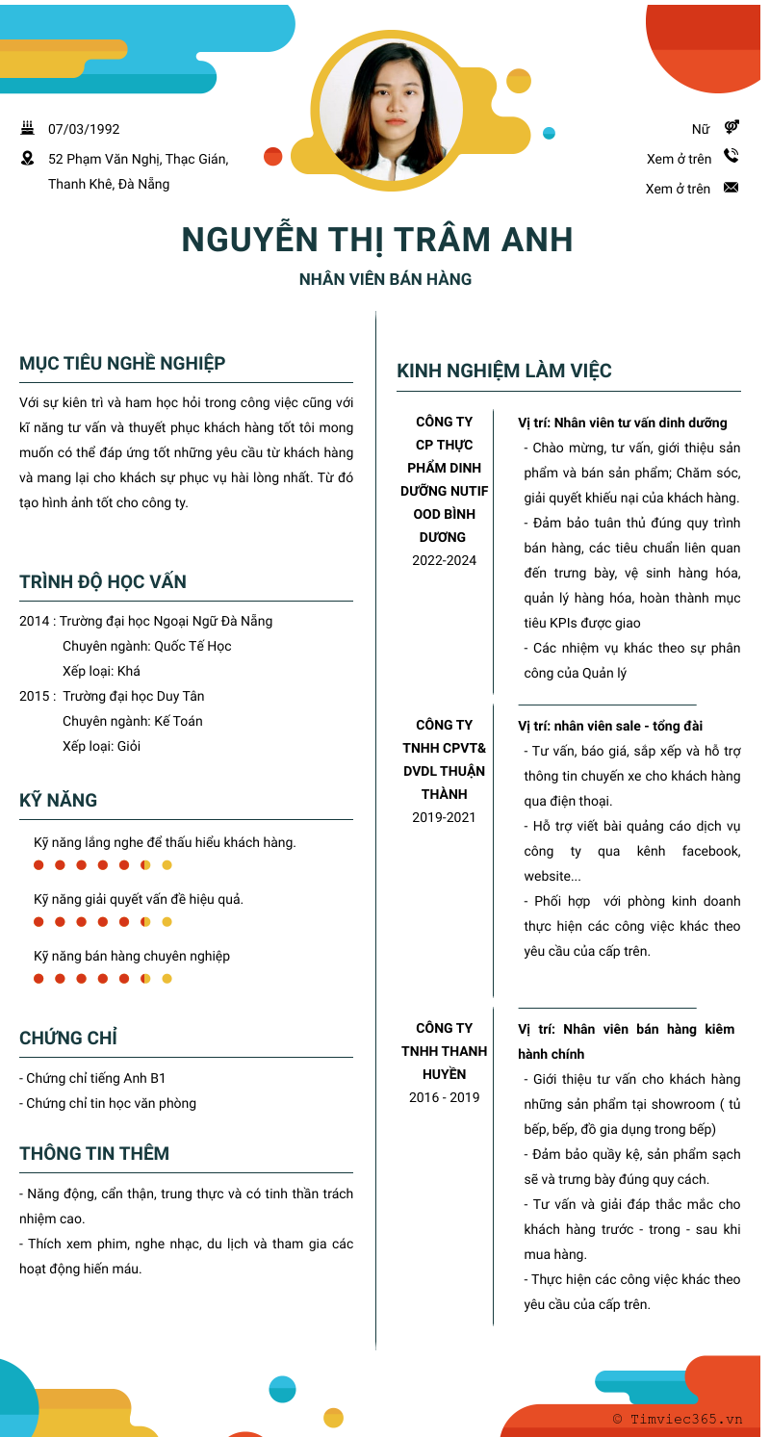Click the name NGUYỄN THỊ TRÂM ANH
pyautogui.click(x=377, y=240)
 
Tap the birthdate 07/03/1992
pyautogui.click(x=84, y=129)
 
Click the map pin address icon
pyautogui.click(x=27, y=158)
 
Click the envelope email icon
pyautogui.click(x=731, y=188)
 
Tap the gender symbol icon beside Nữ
pyautogui.click(x=731, y=127)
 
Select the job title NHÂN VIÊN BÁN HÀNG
pyautogui.click(x=385, y=280)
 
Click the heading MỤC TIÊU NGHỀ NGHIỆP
pyautogui.click(x=122, y=364)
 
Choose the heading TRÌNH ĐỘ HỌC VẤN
pyautogui.click(x=103, y=582)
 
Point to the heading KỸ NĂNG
pyautogui.click(x=59, y=801)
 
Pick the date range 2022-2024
pyautogui.click(x=444, y=560)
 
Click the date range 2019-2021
pyautogui.click(x=444, y=817)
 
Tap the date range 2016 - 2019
pyautogui.click(x=444, y=1097)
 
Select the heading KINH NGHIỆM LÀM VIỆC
pyautogui.click(x=504, y=371)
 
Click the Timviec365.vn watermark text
pyautogui.click(x=678, y=1419)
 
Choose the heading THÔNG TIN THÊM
pyautogui.click(x=94, y=1154)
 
